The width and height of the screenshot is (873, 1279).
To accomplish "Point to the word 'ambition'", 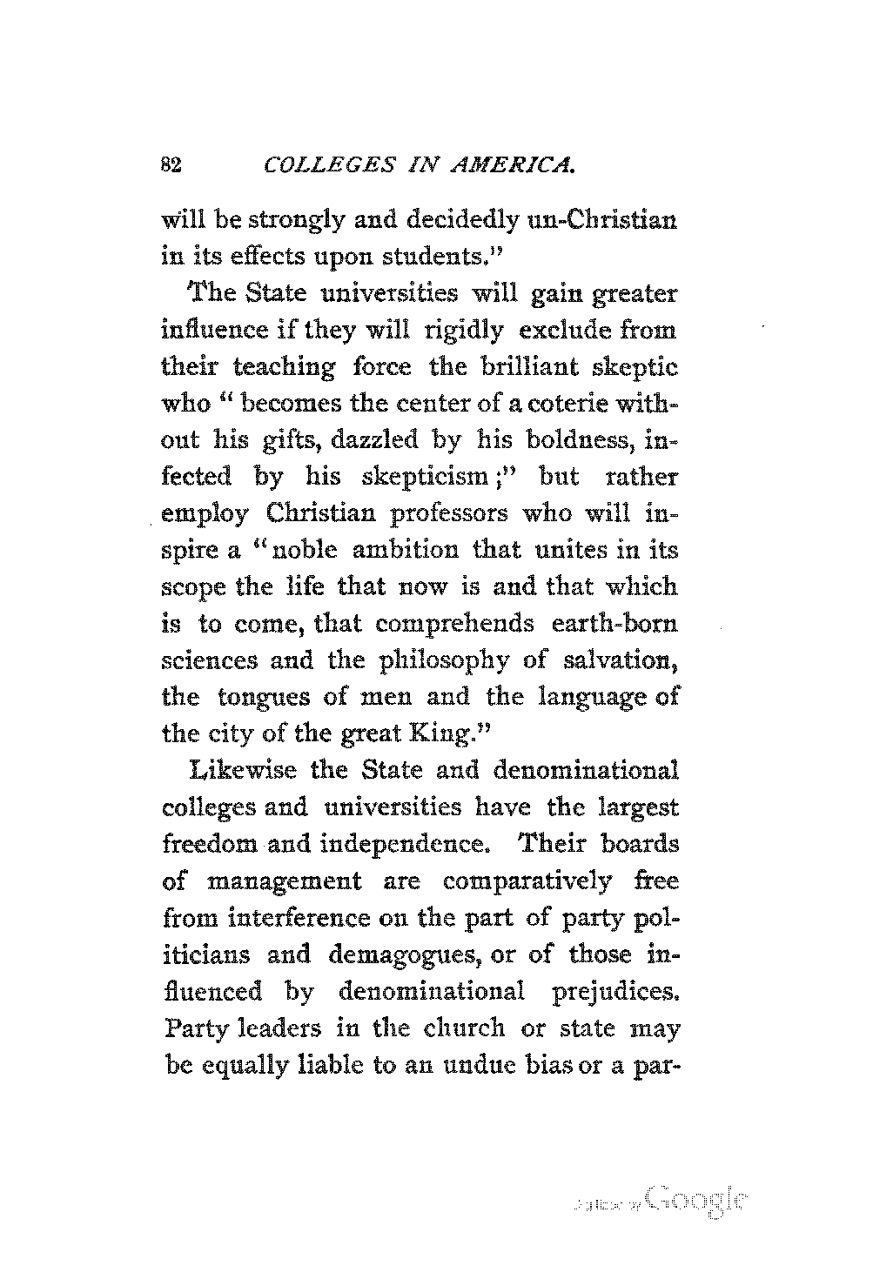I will (403, 551).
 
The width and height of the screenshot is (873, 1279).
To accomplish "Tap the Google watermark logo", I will (696, 1201).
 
